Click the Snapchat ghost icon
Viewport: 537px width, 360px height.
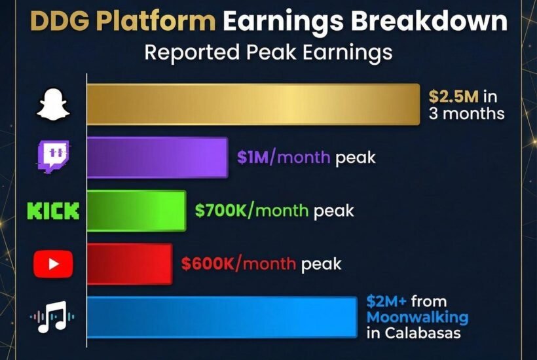click(x=53, y=105)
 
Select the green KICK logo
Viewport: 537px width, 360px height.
click(x=53, y=211)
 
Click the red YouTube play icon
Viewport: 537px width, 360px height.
click(x=53, y=263)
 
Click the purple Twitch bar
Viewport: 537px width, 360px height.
click(x=157, y=158)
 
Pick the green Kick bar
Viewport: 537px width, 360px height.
click(x=136, y=211)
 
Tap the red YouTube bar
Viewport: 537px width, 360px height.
click(x=130, y=263)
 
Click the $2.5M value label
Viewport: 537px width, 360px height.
click(x=454, y=97)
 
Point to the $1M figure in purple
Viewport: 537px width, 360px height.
click(x=251, y=158)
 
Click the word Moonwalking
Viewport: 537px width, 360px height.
click(x=417, y=317)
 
